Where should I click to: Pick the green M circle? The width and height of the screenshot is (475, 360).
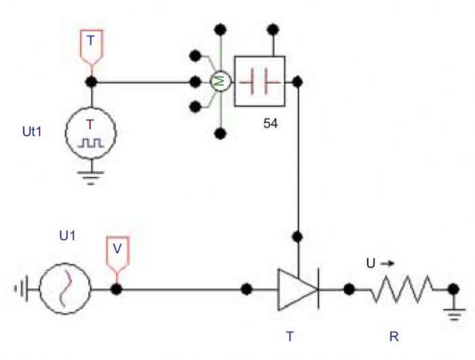point(221,82)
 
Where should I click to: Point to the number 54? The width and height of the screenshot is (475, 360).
point(270,124)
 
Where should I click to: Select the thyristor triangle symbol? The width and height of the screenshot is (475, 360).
point(299,289)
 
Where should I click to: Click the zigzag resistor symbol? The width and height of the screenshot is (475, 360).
point(402,289)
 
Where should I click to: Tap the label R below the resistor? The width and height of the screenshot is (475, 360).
point(394,337)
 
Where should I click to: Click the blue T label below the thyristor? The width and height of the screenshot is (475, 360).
point(290,336)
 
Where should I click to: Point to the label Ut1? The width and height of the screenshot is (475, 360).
point(32,132)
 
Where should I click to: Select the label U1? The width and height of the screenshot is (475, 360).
point(67,235)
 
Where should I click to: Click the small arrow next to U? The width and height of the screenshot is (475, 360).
point(387,264)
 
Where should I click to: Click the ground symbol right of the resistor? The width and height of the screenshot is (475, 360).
point(454,314)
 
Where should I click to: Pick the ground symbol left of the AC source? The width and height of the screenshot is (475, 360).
point(22,289)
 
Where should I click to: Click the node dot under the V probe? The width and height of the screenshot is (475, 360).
point(117,289)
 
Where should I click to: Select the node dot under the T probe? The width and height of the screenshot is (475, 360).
point(92,82)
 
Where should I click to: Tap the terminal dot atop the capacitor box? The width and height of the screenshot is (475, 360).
point(273,29)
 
